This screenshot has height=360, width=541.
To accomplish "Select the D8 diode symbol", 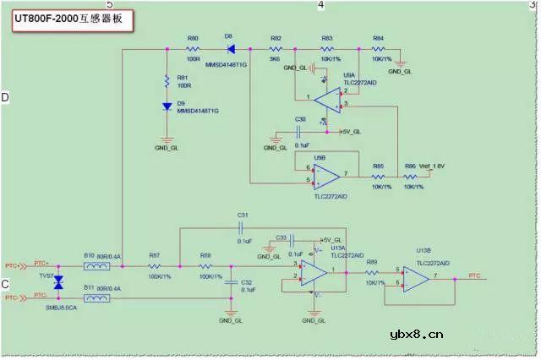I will (x=231, y=49).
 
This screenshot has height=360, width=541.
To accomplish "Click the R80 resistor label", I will (x=193, y=39).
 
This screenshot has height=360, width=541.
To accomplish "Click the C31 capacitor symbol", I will (x=243, y=227).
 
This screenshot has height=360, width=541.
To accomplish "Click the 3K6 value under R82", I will (x=276, y=60).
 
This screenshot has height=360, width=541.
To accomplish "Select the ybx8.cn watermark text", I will (x=417, y=334).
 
